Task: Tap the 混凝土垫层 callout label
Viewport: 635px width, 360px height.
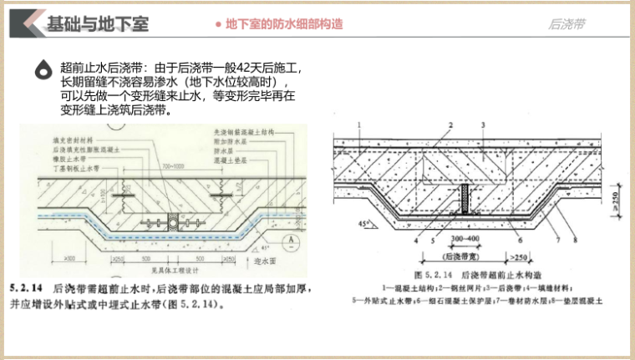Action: pyautogui.click(x=231, y=159)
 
